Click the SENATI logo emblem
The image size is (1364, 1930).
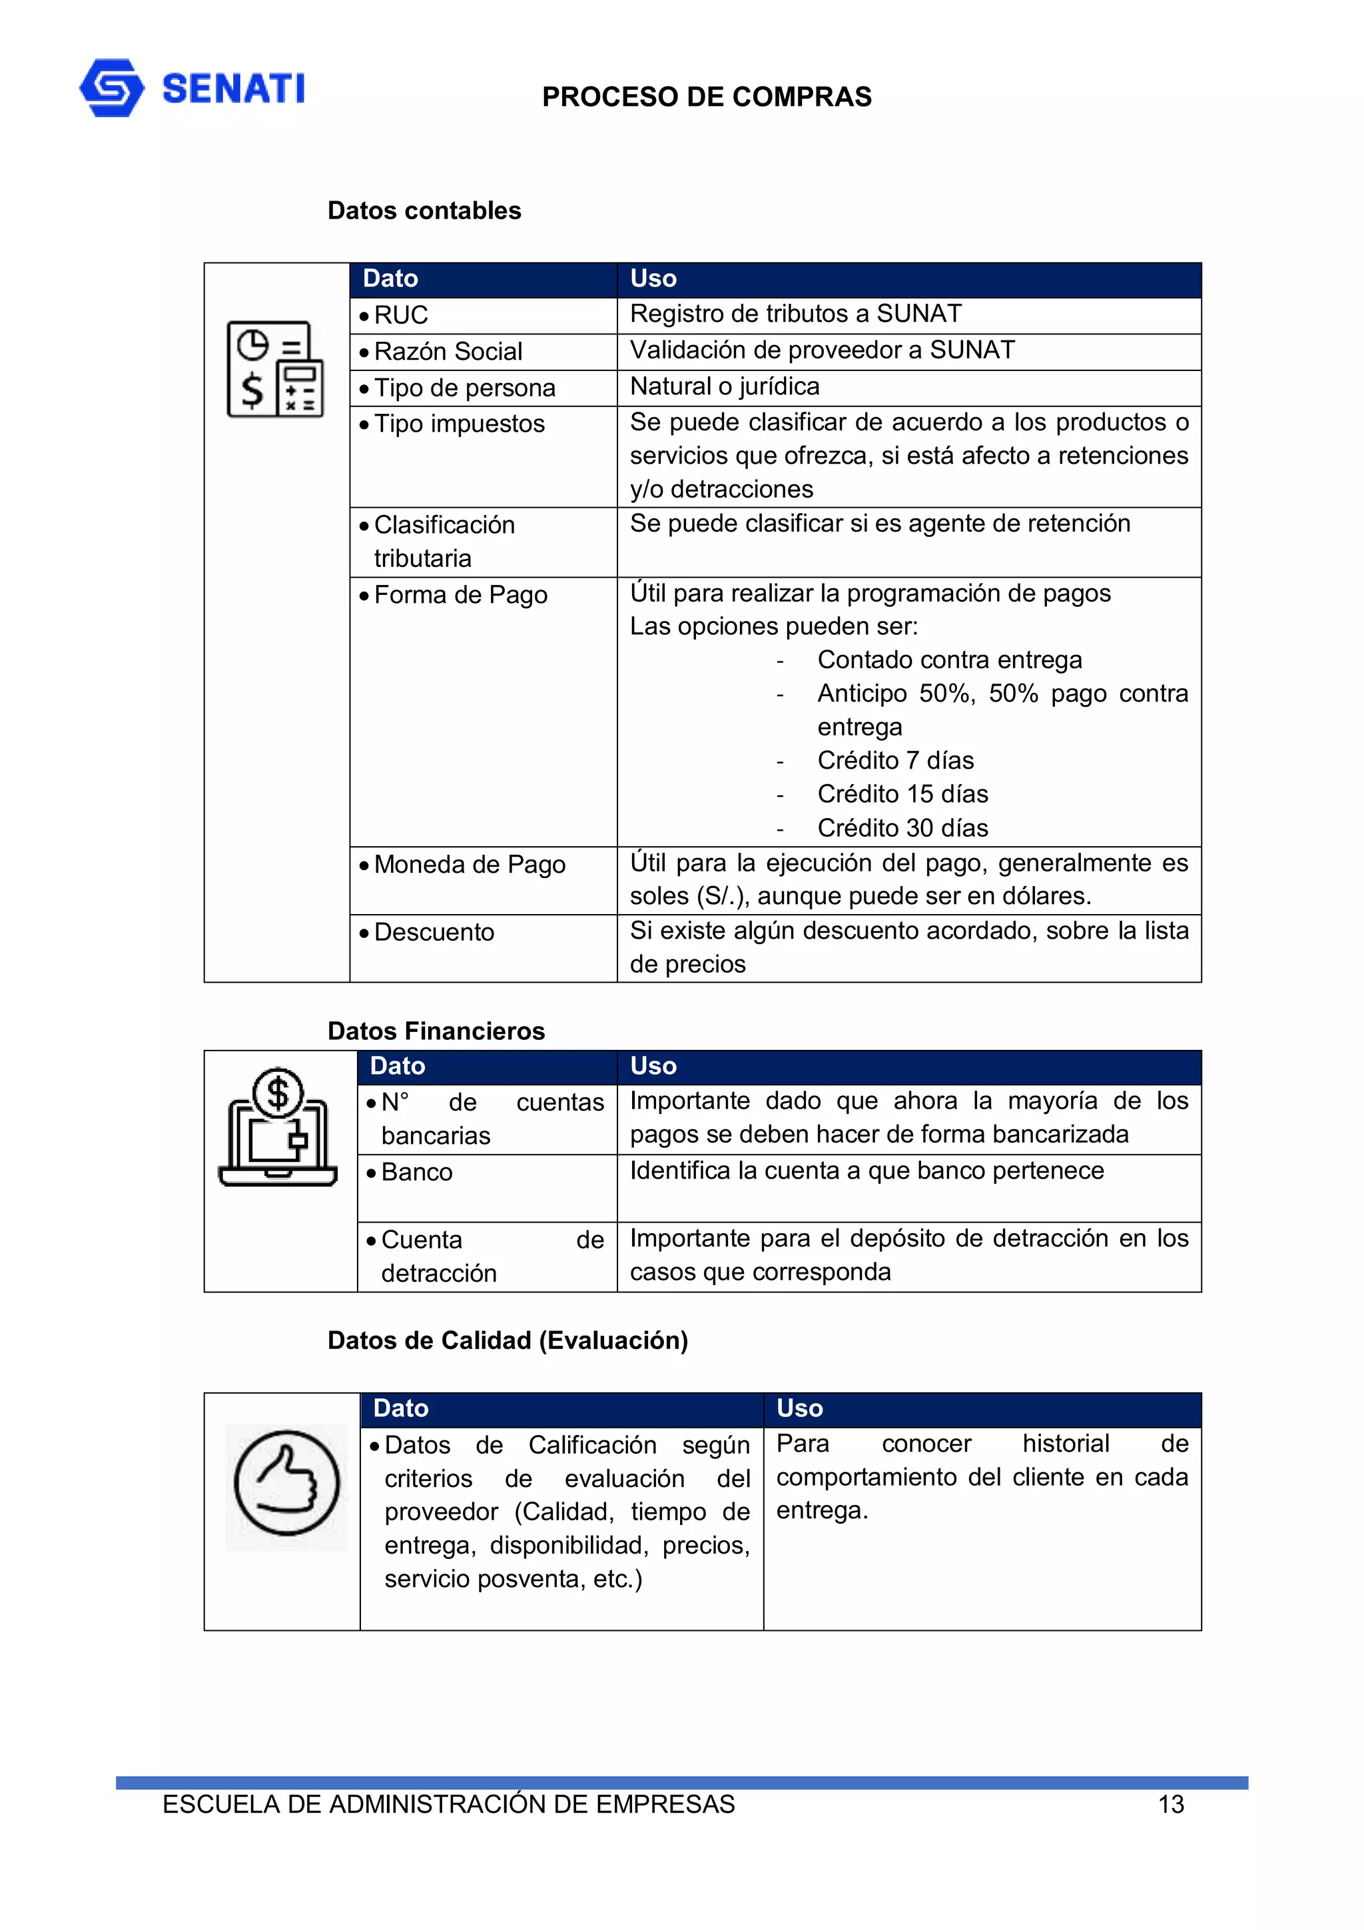coord(112,87)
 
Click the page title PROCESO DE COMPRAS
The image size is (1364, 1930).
coord(706,97)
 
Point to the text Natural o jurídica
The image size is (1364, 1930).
coord(725,386)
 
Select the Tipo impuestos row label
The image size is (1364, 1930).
coord(459,424)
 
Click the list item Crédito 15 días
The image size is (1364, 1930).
coord(902,793)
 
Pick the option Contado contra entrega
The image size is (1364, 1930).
coord(949,660)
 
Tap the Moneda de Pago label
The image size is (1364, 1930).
coord(469,864)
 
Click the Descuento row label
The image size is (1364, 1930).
coord(434,932)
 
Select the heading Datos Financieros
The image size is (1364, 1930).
coord(436,1031)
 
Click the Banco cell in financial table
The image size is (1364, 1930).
coord(417,1172)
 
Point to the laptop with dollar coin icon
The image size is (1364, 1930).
coord(277,1127)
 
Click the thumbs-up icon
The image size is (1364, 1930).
coord(286,1484)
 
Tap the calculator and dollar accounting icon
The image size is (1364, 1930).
coord(275,369)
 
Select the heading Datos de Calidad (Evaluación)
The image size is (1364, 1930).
coord(507,1340)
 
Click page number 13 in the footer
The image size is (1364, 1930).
coord(1170,1804)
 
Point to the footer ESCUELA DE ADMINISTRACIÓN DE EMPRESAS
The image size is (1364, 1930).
coord(448,1804)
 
